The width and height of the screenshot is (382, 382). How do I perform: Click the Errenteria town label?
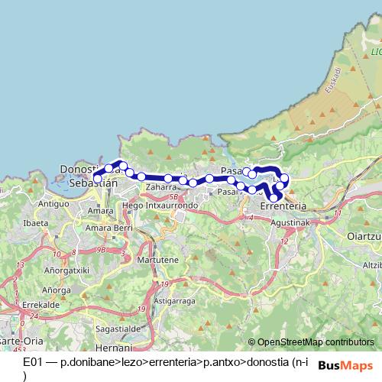(283, 206)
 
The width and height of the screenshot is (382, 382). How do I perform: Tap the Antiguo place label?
(54, 204)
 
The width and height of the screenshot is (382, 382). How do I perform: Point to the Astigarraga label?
(176, 301)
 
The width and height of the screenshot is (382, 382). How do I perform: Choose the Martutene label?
(157, 261)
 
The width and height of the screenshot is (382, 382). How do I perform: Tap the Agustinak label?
(290, 222)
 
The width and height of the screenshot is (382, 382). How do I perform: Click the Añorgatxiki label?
(67, 270)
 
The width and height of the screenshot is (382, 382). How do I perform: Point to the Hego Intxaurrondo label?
(154, 206)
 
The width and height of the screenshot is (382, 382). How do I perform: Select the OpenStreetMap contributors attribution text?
(316, 342)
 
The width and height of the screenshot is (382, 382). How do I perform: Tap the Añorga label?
(57, 290)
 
